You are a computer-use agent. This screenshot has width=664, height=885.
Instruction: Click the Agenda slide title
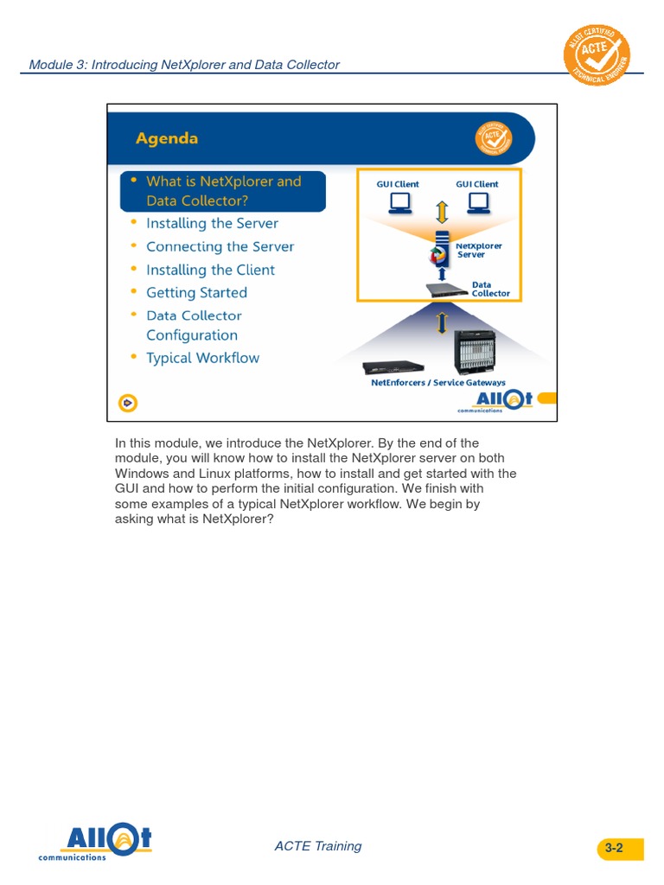167,138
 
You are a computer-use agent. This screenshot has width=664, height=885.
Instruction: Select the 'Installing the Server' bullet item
212,223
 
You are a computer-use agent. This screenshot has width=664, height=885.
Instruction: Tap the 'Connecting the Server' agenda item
220,246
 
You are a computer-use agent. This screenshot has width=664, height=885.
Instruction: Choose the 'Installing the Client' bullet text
210,270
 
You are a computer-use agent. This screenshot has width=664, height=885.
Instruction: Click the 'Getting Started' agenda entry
196,293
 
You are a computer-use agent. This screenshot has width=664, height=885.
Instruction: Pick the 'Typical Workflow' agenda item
202,358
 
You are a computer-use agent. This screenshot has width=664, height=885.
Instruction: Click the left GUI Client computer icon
399,203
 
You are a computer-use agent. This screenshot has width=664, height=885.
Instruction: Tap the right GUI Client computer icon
477,203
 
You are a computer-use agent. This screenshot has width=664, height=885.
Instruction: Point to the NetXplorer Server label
478,251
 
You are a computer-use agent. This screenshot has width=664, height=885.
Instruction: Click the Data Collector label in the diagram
490,289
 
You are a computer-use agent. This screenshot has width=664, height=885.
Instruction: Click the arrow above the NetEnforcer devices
442,322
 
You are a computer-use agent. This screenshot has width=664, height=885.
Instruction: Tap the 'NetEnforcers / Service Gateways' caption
438,383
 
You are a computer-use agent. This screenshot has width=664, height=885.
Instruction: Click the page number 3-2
614,848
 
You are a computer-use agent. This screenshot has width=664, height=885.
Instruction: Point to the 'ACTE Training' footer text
317,846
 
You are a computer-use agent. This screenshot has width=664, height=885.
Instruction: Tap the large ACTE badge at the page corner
597,56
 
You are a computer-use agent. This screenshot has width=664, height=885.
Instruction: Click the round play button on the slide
128,403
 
